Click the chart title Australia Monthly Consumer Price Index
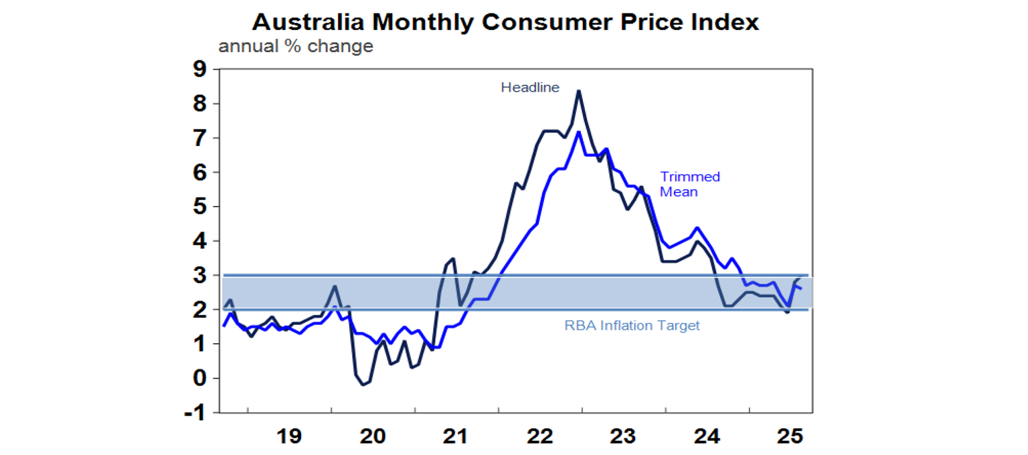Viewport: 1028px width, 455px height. coord(505,22)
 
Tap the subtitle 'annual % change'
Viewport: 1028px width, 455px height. coord(296,47)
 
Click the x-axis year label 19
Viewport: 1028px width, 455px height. coord(289,436)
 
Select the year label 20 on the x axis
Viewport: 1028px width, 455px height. coord(373,436)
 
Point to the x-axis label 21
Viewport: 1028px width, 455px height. coord(456,436)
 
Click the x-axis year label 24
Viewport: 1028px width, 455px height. coord(707,436)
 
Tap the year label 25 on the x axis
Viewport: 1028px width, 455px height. coord(790,436)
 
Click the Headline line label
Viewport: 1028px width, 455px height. coord(530,87)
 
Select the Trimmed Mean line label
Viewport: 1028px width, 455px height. coord(690,184)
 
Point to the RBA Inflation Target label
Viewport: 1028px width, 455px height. coord(632,326)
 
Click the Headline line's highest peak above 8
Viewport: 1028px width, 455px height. coord(578,91)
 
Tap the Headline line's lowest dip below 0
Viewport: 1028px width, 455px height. coord(363,385)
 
